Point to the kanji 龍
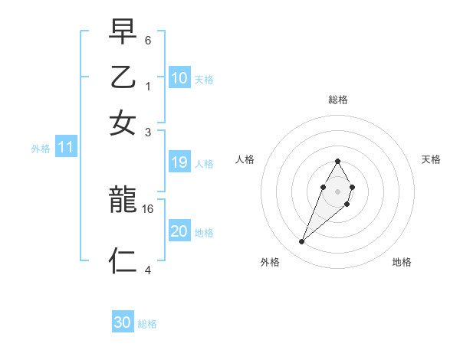(x=123, y=201)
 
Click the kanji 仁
(x=123, y=260)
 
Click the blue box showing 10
(x=179, y=78)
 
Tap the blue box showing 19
(x=179, y=162)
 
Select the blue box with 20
(x=179, y=231)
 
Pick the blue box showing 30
(x=123, y=322)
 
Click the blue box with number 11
(x=65, y=148)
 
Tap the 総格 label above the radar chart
(x=337, y=100)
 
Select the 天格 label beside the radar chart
(x=432, y=159)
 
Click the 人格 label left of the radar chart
(x=245, y=159)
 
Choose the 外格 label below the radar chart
(x=270, y=263)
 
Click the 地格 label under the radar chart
(x=402, y=263)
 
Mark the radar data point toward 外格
(x=302, y=242)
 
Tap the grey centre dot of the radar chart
(x=337, y=190)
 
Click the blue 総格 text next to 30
(x=147, y=324)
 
